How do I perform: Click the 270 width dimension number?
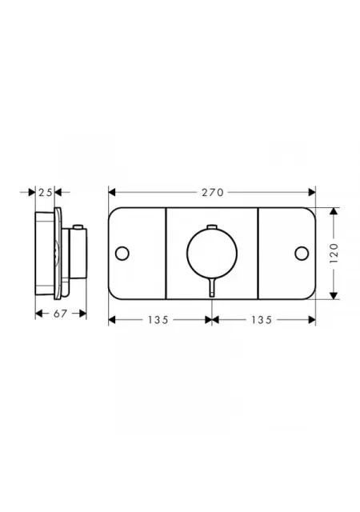click(x=212, y=192)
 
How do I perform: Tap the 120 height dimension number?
click(x=334, y=253)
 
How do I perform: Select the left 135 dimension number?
click(x=158, y=320)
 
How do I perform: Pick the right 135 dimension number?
click(x=262, y=320)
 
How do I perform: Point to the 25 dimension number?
click(x=46, y=192)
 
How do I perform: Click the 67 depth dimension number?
click(x=60, y=314)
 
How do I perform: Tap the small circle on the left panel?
click(x=122, y=254)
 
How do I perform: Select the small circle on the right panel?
click(x=302, y=254)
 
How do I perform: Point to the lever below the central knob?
click(x=212, y=287)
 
